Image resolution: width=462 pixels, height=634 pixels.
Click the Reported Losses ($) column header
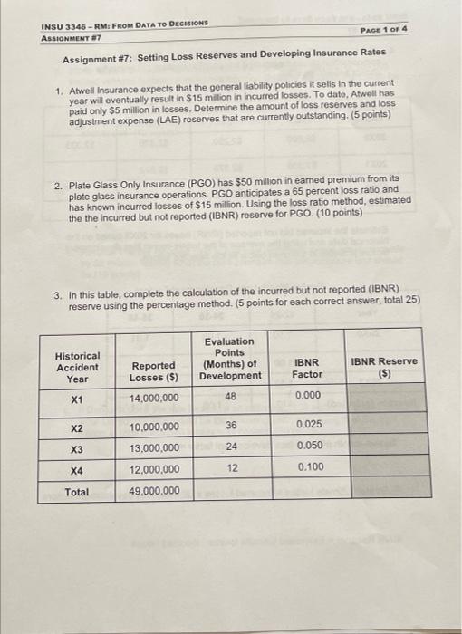pos(153,370)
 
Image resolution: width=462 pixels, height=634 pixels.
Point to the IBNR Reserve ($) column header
pos(384,368)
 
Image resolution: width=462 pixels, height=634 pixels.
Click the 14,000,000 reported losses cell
pos(153,399)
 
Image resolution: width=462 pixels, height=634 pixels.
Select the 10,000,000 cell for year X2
pos(153,427)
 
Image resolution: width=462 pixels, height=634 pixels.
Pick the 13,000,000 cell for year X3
pos(153,448)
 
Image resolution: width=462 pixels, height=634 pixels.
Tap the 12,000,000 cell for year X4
pos(153,470)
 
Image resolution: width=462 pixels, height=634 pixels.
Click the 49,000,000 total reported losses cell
pos(153,492)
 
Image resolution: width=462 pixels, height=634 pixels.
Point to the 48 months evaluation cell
pos(230,397)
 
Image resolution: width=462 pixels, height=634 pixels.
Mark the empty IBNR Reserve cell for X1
pos(384,397)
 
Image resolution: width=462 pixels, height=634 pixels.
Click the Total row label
pos(77,493)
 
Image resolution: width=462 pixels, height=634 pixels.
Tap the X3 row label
pos(77,448)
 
